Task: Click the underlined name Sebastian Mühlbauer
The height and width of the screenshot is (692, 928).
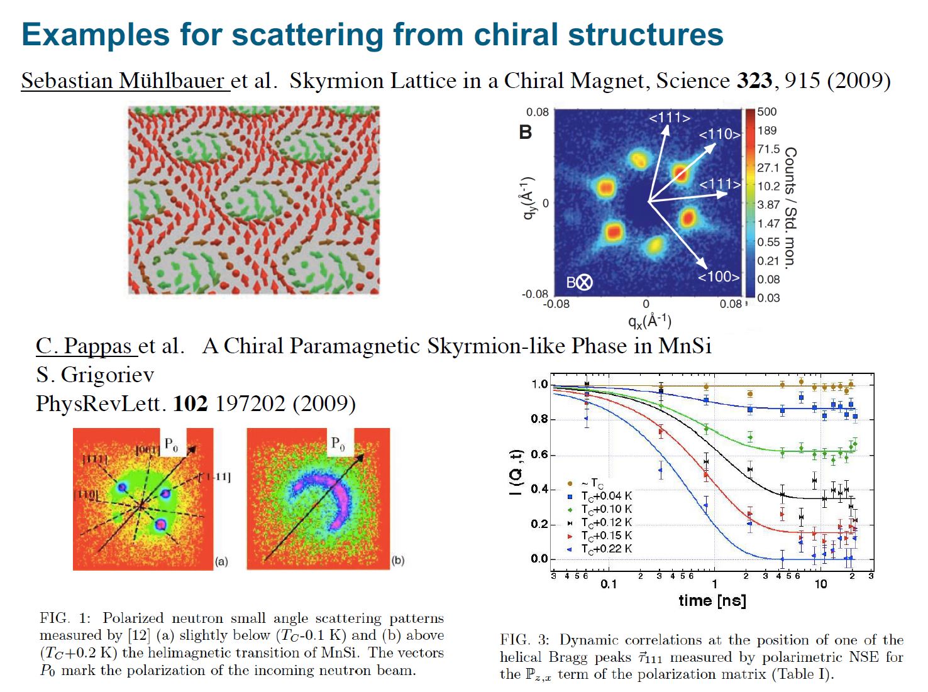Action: coord(125,81)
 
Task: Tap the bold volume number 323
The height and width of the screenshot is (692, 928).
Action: coord(754,80)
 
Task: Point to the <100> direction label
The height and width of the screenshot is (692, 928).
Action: coord(719,277)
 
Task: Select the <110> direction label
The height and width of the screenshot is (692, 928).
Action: coord(720,134)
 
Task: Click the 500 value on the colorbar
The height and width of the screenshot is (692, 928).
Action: coord(766,112)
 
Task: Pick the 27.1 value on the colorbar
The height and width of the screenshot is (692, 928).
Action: coord(768,168)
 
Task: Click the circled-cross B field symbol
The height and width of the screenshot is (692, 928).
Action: coord(584,282)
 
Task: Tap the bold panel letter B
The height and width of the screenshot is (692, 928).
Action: coord(526,133)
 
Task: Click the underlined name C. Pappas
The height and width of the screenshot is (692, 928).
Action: coord(84,346)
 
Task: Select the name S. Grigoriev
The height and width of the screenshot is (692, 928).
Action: coord(95,375)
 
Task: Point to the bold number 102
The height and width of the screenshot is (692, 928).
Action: coord(190,404)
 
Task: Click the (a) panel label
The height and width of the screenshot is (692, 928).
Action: coord(221,561)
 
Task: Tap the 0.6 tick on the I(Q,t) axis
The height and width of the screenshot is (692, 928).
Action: coord(539,454)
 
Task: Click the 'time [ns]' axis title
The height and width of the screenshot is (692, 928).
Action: coord(712,601)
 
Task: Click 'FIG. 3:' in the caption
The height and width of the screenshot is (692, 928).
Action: coord(525,640)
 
